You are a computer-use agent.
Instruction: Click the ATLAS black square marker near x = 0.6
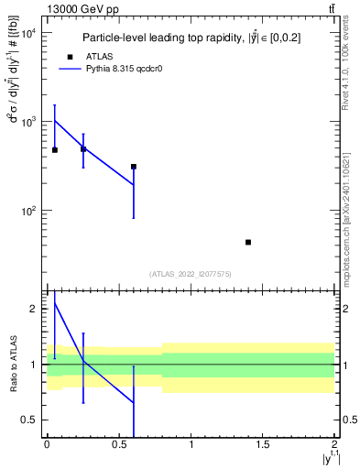pos(134,167)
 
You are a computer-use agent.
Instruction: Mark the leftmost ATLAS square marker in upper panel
pos(55,149)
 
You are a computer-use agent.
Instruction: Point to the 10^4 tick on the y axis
pos(27,33)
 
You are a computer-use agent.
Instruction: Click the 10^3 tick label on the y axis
pos(27,122)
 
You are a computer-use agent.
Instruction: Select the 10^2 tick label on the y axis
pos(27,211)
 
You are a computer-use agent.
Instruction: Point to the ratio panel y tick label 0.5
pos(29,420)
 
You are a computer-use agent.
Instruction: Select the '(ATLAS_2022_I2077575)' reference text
pos(191,273)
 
